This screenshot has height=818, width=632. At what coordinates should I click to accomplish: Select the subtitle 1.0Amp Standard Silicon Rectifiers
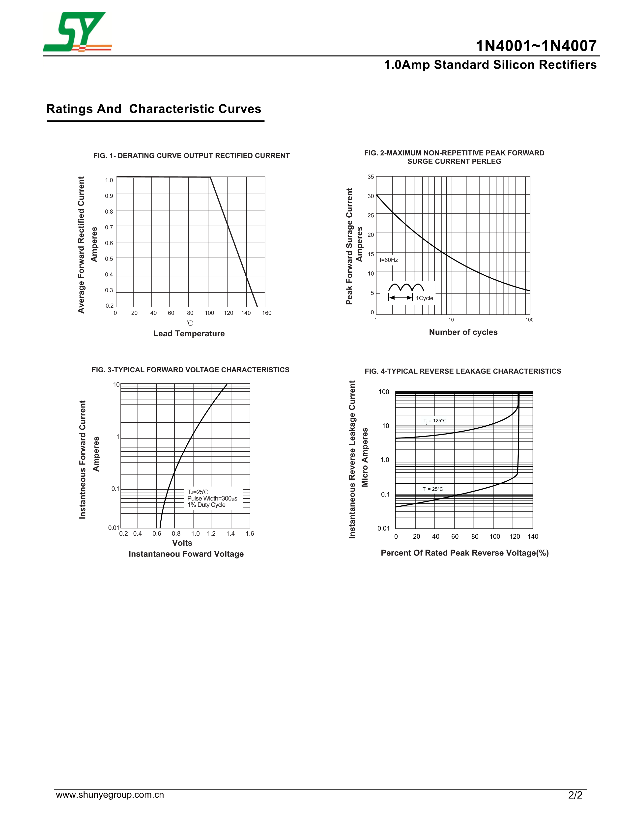tap(490, 65)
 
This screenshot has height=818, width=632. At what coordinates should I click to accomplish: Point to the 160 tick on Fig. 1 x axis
tap(267, 313)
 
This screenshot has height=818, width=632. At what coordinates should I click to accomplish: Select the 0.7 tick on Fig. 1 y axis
tap(109, 227)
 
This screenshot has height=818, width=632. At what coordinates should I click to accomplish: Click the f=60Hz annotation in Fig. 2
tap(389, 260)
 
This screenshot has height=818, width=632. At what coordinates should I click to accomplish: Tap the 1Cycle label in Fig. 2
tap(425, 298)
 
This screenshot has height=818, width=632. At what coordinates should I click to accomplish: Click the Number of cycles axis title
tap(463, 332)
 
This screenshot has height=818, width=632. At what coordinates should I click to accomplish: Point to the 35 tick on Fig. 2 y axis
tap(371, 177)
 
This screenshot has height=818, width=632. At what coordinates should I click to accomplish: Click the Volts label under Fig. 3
tap(182, 543)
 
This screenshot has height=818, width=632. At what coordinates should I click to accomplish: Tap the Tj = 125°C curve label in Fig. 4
tap(435, 421)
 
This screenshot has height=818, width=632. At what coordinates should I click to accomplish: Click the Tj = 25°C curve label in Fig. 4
tap(432, 489)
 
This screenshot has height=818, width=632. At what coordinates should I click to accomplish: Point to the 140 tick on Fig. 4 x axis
tap(533, 537)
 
